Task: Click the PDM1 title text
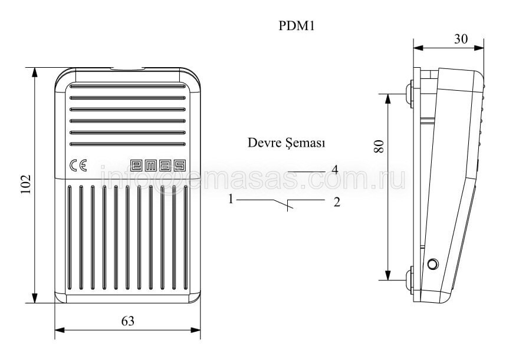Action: click(296, 26)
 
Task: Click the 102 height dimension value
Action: click(25, 184)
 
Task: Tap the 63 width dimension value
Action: click(128, 321)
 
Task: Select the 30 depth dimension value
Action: click(461, 39)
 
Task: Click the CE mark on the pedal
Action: click(78, 166)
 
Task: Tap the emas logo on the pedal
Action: click(158, 166)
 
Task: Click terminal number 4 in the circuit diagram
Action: click(335, 170)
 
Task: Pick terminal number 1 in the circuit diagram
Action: click(231, 199)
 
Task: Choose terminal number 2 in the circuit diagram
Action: click(337, 203)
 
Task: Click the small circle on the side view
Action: click(432, 265)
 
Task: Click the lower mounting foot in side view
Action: click(410, 279)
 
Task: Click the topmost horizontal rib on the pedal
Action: click(128, 87)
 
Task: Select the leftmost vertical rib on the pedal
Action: click(70, 237)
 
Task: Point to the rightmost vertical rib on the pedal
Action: click(186, 237)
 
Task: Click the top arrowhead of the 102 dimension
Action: click(35, 73)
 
